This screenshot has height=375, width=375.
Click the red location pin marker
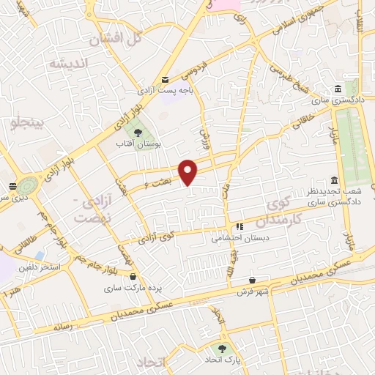pos(189,171)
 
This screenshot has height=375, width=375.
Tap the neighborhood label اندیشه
pos(68,64)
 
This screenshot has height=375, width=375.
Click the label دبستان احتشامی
pos(240,238)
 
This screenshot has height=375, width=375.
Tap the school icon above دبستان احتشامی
pos(240,226)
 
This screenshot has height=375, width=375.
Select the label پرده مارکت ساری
pos(132,289)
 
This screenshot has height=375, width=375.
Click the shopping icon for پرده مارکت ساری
pos(133,277)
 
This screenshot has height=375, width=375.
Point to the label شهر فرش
pos(252,292)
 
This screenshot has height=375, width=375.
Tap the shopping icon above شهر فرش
pos(253,280)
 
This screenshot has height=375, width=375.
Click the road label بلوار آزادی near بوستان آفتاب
pos(124,117)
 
